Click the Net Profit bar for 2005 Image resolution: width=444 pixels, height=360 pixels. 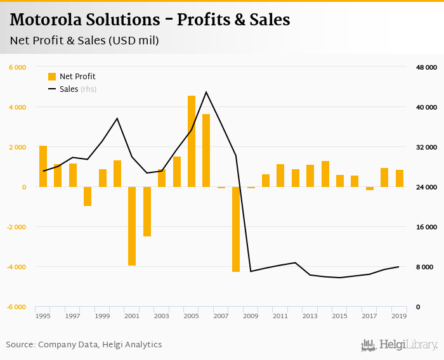tap(192, 141)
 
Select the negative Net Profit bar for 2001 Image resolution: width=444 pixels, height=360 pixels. tap(132, 226)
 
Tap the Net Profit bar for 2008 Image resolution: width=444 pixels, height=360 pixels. tap(236, 229)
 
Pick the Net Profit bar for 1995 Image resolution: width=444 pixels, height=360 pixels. tap(43, 166)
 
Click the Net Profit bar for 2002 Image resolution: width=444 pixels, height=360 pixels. tap(147, 211)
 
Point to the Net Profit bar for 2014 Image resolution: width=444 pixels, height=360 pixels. tap(325, 174)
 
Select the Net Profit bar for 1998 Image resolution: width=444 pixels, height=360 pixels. tap(88, 196)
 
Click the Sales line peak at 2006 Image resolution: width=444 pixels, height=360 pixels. tap(206, 92)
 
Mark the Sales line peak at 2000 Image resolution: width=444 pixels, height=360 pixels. tap(117, 119)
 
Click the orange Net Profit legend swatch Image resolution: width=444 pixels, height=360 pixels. tap(52, 77)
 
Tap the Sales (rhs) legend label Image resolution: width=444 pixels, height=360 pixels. tap(78, 89)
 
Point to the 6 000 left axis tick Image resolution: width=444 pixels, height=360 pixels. tap(17, 67)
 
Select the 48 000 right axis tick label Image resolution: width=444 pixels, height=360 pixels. tap(426, 67)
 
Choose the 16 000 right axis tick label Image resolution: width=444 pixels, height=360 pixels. tap(426, 227)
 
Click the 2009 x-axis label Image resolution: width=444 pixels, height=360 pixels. tap(251, 316)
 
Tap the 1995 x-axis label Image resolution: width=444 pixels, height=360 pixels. tap(43, 316)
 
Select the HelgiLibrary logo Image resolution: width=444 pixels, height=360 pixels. tap(400, 345)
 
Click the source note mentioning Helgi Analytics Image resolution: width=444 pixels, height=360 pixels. tap(84, 345)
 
